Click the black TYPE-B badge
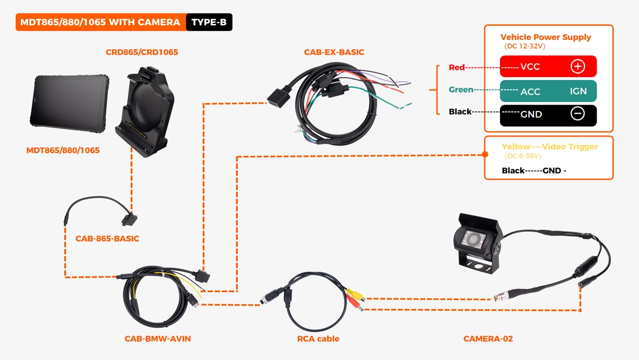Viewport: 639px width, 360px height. (209, 22)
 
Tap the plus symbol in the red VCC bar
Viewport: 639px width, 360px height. (577, 66)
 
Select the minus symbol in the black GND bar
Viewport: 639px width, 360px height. (577, 114)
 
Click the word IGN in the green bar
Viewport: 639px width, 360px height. (578, 91)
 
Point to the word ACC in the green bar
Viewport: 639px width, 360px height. (530, 92)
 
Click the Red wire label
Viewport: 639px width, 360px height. (457, 67)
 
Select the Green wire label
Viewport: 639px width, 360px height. (461, 90)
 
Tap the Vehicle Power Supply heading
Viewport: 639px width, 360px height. (545, 37)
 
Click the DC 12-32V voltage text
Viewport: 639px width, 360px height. (524, 46)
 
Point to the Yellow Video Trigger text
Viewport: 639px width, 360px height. (549, 147)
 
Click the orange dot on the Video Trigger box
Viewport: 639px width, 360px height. (485, 155)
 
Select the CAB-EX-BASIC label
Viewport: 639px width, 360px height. (334, 52)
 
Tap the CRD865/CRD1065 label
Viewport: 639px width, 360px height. (142, 52)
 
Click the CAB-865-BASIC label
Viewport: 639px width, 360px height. (107, 239)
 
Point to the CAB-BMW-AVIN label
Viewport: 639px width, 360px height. (158, 339)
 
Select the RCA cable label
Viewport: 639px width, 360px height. (318, 339)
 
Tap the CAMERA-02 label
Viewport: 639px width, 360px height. (488, 339)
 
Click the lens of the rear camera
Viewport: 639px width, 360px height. (473, 241)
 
